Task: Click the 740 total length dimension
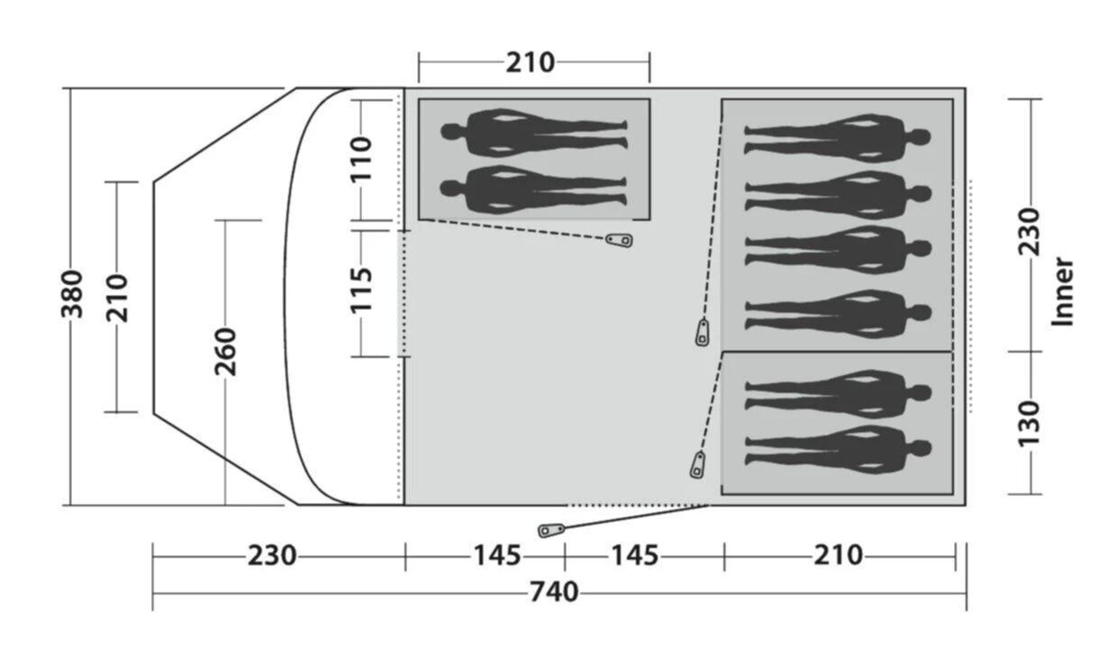pyautogui.click(x=553, y=592)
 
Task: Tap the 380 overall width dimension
pyautogui.click(x=72, y=295)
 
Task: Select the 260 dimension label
pyautogui.click(x=224, y=351)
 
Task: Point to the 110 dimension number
pyautogui.click(x=360, y=159)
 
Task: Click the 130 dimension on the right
pyautogui.click(x=1029, y=421)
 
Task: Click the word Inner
pyautogui.click(x=1064, y=292)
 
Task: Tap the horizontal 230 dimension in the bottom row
pyautogui.click(x=271, y=555)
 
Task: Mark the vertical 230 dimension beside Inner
pyautogui.click(x=1029, y=233)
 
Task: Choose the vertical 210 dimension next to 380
pyautogui.click(x=119, y=297)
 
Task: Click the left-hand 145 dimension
pyautogui.click(x=497, y=555)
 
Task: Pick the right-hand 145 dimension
pyautogui.click(x=634, y=555)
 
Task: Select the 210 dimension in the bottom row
pyautogui.click(x=838, y=555)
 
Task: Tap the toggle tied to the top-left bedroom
pyautogui.click(x=619, y=240)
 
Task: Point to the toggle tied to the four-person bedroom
pyautogui.click(x=703, y=332)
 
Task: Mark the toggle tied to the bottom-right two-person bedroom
pyautogui.click(x=697, y=465)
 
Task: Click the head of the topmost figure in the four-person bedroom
pyautogui.click(x=920, y=138)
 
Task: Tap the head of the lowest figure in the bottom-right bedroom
pyautogui.click(x=920, y=448)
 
